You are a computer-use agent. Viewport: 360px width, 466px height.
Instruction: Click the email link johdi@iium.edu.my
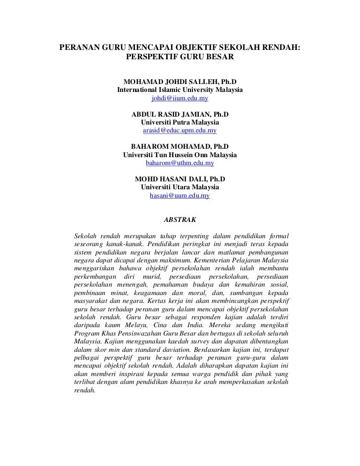[180, 99]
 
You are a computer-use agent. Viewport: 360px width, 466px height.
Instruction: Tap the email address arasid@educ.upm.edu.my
[180, 131]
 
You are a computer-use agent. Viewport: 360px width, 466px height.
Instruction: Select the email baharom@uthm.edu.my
[180, 163]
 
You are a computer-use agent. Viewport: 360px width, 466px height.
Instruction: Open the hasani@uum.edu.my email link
[180, 196]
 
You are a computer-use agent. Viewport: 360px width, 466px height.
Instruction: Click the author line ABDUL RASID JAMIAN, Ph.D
[180, 114]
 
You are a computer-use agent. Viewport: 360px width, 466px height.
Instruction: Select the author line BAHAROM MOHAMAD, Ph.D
[180, 146]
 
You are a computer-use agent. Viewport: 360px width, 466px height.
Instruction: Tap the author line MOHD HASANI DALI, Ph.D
[180, 179]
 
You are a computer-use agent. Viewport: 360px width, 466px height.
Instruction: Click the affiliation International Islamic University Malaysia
[180, 90]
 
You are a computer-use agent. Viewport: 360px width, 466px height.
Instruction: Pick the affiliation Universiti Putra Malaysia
[180, 122]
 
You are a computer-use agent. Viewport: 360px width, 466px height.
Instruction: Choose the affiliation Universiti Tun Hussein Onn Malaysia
[180, 155]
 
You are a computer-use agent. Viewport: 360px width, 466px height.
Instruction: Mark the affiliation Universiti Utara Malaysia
[180, 187]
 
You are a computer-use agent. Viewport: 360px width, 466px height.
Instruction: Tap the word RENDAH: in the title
[278, 48]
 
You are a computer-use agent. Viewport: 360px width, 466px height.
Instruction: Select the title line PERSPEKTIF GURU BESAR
[180, 57]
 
